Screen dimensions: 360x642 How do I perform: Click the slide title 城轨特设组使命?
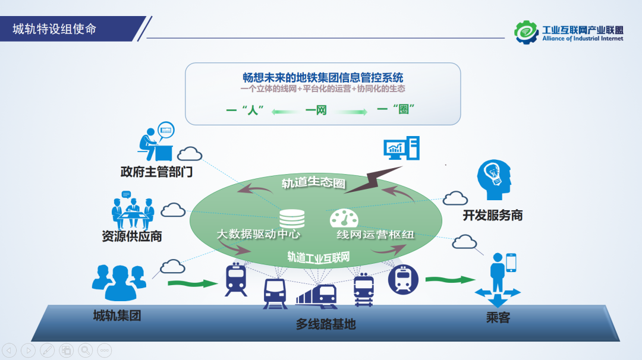click(55, 29)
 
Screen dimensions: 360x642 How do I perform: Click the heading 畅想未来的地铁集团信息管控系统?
click(323, 78)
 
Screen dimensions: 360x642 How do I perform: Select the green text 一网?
click(316, 110)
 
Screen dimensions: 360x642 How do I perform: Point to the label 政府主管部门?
click(156, 172)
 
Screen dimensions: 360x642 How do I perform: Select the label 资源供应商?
click(132, 236)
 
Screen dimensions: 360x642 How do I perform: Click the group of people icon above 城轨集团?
click(119, 283)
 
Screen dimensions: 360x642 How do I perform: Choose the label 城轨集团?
click(117, 315)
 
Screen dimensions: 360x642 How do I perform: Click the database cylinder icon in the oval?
click(292, 218)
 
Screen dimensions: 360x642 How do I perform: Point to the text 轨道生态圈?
click(313, 182)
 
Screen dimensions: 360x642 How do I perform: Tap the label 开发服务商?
click(493, 215)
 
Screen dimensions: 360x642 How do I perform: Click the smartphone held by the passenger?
click(511, 261)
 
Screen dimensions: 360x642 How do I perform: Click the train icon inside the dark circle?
click(404, 280)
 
